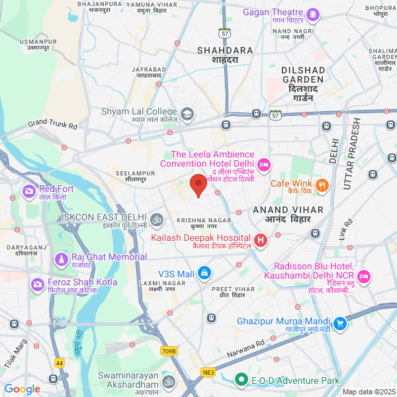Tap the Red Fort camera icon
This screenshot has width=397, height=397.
pyautogui.click(x=29, y=192)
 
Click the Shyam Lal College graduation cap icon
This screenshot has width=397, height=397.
pyautogui.click(x=187, y=114)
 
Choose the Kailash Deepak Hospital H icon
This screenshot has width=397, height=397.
pyautogui.click(x=261, y=240)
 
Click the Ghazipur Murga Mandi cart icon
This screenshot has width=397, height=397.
pyautogui.click(x=340, y=324)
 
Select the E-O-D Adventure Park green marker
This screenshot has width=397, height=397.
pyautogui.click(x=243, y=380)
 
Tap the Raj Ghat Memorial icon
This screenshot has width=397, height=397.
pyautogui.click(x=62, y=258)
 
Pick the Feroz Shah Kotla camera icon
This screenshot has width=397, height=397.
pyautogui.click(x=38, y=284)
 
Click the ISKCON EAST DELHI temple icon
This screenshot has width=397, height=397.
pyautogui.click(x=157, y=218)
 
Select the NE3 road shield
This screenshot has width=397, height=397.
pyautogui.click(x=209, y=373)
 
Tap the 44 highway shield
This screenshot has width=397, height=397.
pyautogui.click(x=60, y=363)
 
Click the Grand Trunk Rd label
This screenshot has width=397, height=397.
pyautogui.click(x=53, y=124)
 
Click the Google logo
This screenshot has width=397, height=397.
pyautogui.click(x=22, y=389)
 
